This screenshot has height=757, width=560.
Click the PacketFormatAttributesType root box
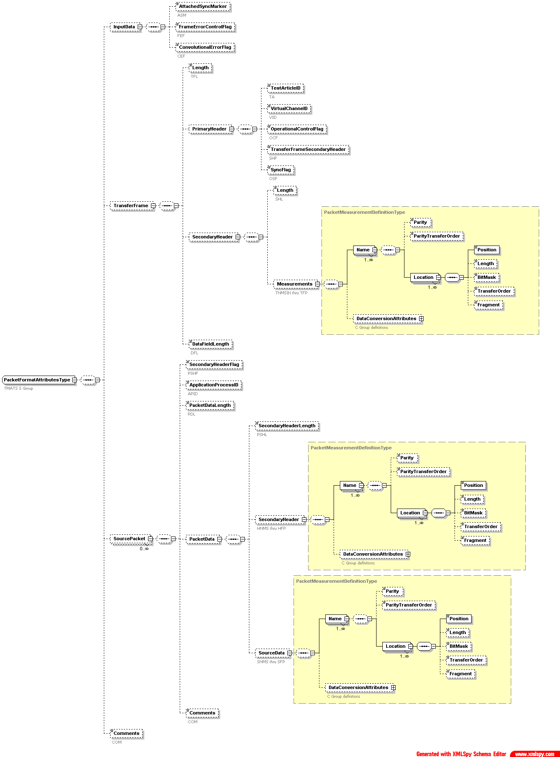(x=37, y=380)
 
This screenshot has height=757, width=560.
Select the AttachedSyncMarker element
(x=203, y=7)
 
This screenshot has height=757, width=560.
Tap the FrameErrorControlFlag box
(x=205, y=27)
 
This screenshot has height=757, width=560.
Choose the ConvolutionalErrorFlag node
(x=205, y=48)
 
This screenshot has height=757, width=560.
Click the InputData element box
(x=124, y=27)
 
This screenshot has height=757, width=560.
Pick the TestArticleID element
(x=285, y=88)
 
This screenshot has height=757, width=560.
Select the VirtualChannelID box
(x=289, y=109)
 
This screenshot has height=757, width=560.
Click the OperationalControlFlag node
(x=297, y=129)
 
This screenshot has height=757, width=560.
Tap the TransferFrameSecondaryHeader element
(x=308, y=150)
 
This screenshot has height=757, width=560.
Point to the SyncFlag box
(x=281, y=170)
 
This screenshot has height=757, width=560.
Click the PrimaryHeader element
(x=209, y=129)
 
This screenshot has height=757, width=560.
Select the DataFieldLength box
(x=211, y=344)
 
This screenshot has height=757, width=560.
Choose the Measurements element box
(x=294, y=284)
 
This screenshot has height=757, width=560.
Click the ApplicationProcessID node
(x=213, y=385)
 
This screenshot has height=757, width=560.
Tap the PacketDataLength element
(x=210, y=406)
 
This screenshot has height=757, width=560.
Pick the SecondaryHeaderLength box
(x=287, y=426)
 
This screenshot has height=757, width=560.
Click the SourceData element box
(x=271, y=653)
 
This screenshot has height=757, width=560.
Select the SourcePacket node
(x=129, y=539)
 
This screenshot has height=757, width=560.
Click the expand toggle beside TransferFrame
(x=153, y=206)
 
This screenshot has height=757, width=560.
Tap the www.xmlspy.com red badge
(x=535, y=754)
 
